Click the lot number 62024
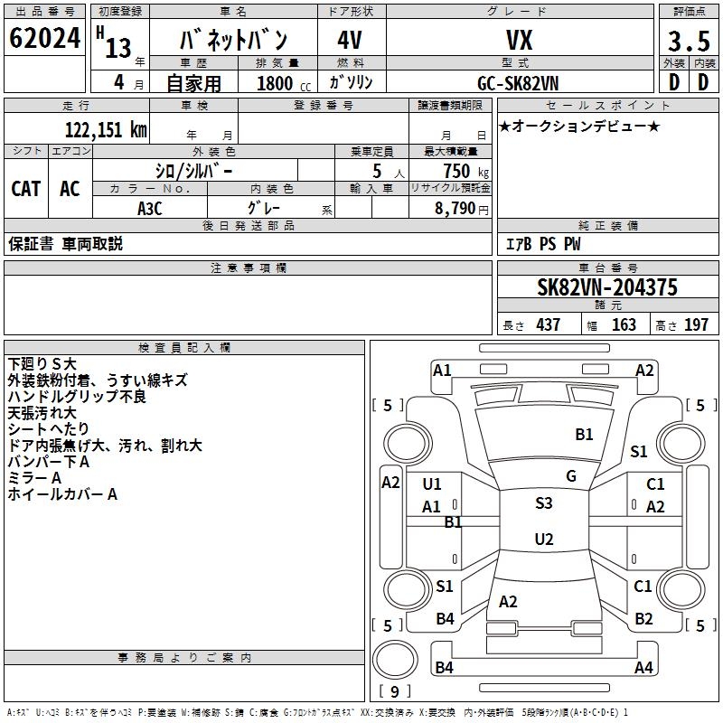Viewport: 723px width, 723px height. [x=44, y=38]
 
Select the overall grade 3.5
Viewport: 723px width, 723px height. [x=689, y=41]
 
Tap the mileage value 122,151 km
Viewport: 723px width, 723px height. [x=106, y=130]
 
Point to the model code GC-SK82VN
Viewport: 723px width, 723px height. [x=518, y=83]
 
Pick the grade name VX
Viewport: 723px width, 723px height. [x=520, y=40]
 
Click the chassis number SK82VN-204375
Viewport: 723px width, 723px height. [x=607, y=287]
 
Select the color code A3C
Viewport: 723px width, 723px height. [x=150, y=209]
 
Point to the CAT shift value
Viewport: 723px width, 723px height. [x=26, y=189]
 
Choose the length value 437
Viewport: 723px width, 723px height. [x=549, y=324]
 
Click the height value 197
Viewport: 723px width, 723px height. [x=696, y=324]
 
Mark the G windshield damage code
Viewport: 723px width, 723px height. [x=571, y=475]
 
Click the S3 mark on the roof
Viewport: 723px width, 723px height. [x=544, y=502]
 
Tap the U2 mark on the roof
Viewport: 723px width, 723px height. [x=544, y=539]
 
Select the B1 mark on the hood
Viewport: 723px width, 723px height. [x=584, y=434]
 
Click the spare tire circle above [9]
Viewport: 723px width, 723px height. [x=395, y=660]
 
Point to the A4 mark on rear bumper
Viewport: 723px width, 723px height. [x=643, y=667]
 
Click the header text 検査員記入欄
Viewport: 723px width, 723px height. [x=184, y=348]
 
